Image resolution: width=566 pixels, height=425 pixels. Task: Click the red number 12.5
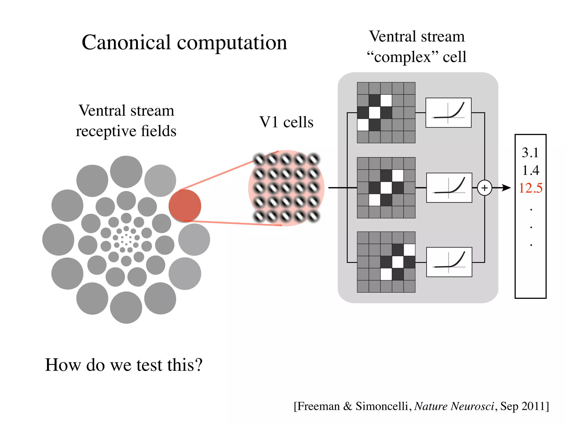pyautogui.click(x=531, y=188)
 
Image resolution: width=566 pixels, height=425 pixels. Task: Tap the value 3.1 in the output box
pyautogui.click(x=530, y=152)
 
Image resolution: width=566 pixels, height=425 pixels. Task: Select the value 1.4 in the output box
pyautogui.click(x=531, y=170)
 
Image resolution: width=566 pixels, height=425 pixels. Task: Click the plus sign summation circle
pyautogui.click(x=484, y=188)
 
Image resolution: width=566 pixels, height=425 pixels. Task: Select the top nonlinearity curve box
pyautogui.click(x=448, y=113)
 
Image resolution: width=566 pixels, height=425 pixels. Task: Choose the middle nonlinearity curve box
pyautogui.click(x=449, y=188)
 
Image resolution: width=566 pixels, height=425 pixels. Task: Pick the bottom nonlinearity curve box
pyautogui.click(x=449, y=262)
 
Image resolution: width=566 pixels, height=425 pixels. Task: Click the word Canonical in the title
pyautogui.click(x=126, y=43)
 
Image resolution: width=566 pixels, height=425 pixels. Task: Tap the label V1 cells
pyautogui.click(x=286, y=122)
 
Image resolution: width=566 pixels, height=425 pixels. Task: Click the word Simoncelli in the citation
pyautogui.click(x=381, y=406)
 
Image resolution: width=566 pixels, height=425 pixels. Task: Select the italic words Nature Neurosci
pyautogui.click(x=454, y=406)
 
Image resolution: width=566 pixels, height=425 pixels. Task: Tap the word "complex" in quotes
pyautogui.click(x=402, y=57)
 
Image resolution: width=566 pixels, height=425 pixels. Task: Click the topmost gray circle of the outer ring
pyautogui.click(x=126, y=172)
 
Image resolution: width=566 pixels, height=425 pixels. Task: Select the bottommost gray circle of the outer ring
pyautogui.click(x=126, y=307)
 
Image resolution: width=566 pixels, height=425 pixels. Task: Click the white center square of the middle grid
pyautogui.click(x=386, y=188)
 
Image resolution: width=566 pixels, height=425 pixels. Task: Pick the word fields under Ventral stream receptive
pyautogui.click(x=158, y=131)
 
